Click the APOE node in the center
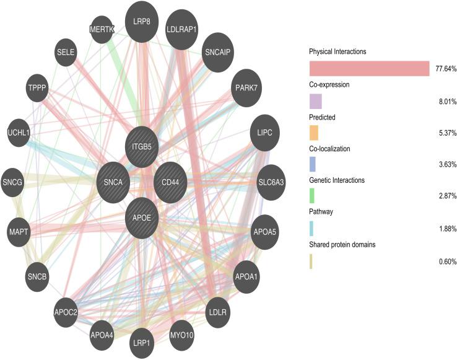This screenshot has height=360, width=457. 143,217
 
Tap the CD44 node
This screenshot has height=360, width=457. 171,182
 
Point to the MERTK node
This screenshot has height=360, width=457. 102,30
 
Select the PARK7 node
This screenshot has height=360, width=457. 246,87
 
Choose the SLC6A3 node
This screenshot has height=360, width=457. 271,182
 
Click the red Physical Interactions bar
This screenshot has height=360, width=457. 369,68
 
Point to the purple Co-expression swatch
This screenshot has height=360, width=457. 315,100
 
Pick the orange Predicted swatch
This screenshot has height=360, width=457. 313,133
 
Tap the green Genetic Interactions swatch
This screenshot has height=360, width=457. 312,196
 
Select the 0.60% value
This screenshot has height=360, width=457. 446,261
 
